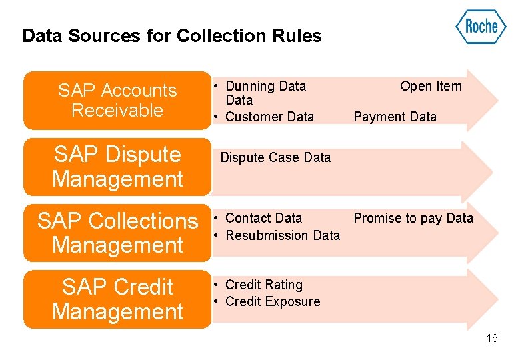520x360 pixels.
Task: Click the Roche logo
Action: tap(481, 27)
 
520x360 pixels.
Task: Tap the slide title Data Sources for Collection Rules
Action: tap(171, 36)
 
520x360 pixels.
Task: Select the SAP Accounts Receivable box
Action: tap(117, 100)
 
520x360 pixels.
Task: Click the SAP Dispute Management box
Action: tap(117, 167)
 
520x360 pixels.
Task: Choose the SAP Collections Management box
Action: tap(117, 233)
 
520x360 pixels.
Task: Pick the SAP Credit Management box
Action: tap(117, 299)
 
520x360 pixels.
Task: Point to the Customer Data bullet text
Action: tap(269, 117)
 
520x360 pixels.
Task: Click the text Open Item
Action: tap(430, 86)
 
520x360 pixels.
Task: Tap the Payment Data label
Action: tap(395, 117)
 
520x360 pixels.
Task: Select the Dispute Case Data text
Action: tap(275, 157)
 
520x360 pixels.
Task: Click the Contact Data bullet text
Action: tap(263, 218)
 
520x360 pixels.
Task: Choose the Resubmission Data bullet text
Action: tap(283, 235)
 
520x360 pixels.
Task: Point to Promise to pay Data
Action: tap(413, 218)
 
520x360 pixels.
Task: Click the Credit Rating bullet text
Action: tap(264, 285)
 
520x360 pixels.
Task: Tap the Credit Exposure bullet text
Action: tap(273, 301)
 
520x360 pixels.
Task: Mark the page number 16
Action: tap(492, 339)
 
